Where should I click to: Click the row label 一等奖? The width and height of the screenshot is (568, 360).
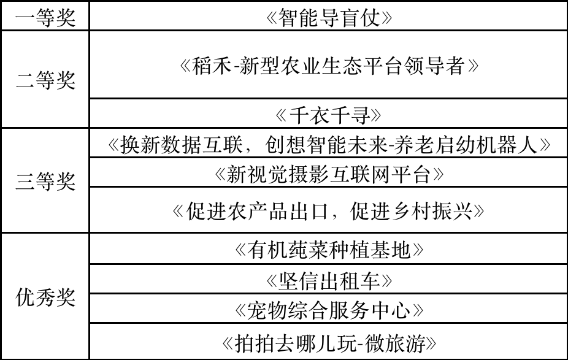pyautogui.click(x=45, y=17)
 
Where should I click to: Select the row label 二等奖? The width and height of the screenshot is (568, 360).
pyautogui.click(x=45, y=80)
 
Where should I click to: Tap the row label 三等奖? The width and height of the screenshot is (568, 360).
pyautogui.click(x=45, y=181)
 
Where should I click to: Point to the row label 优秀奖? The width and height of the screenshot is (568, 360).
pyautogui.click(x=45, y=297)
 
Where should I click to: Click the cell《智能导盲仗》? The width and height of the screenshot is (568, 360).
pyautogui.click(x=329, y=17)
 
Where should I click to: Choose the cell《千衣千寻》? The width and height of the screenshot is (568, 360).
pyautogui.click(x=328, y=116)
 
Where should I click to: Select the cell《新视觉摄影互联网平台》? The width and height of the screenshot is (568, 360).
pyautogui.click(x=329, y=174)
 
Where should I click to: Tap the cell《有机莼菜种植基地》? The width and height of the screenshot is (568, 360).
pyautogui.click(x=329, y=250)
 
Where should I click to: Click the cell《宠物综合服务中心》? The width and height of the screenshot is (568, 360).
pyautogui.click(x=329, y=311)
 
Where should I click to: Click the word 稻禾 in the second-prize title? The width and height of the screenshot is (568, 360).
pyautogui.click(x=212, y=66)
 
